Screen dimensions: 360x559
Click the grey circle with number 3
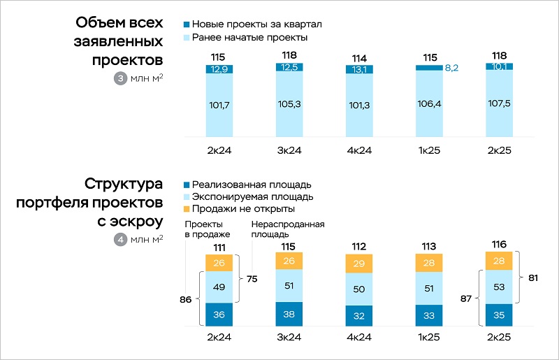pyautogui.click(x=119, y=78)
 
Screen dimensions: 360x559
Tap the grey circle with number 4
pyautogui.click(x=119, y=240)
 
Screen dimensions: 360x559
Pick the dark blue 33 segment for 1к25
pyautogui.click(x=429, y=315)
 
